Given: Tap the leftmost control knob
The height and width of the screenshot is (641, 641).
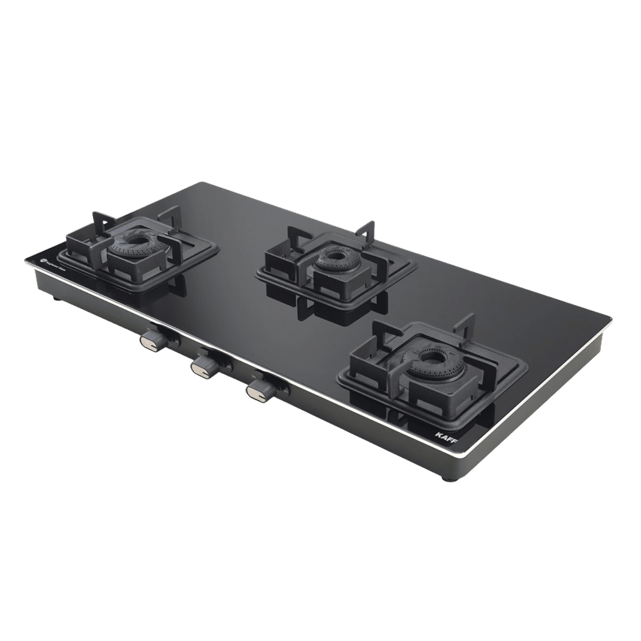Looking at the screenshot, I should (153, 340).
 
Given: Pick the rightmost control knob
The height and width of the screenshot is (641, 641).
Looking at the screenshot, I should (257, 388).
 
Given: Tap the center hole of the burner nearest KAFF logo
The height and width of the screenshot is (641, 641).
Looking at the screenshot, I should (427, 358).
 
